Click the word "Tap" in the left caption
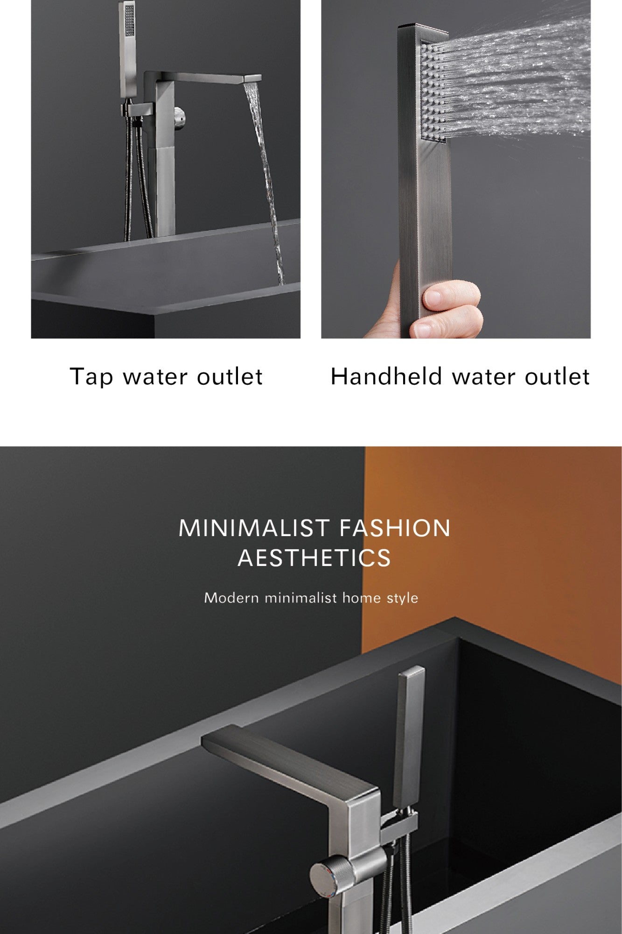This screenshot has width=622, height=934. pyautogui.click(x=91, y=377)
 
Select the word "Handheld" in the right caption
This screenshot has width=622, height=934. pyautogui.click(x=386, y=376)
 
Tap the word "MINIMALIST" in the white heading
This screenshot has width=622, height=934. pyautogui.click(x=255, y=528)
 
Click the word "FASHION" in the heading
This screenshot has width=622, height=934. pyautogui.click(x=395, y=528)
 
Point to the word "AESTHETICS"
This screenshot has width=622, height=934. pyautogui.click(x=314, y=558)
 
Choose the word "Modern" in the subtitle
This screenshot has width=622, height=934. pyautogui.click(x=231, y=598)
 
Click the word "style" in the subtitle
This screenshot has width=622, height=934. pyautogui.click(x=402, y=598)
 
